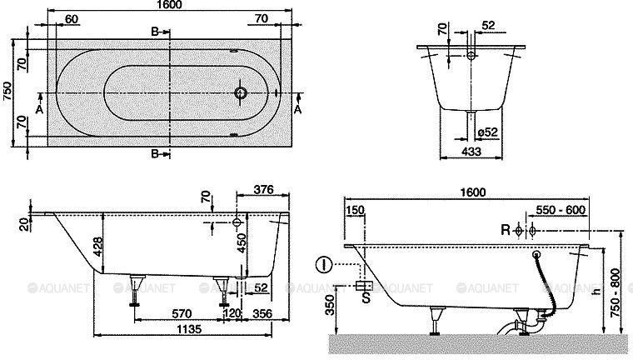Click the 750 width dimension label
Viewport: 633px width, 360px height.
pos(7,92)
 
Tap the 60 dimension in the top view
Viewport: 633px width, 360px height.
pos(72,18)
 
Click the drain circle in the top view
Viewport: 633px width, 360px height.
pos(241,92)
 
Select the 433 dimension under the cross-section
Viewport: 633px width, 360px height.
pos(471,152)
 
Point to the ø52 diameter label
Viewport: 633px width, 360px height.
pos(487,132)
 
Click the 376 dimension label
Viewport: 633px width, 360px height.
pos(263,189)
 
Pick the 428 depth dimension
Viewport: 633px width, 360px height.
pos(97,247)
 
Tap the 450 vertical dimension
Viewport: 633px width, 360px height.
pos(242,242)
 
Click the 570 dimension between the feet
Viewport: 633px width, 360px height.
pos(182,313)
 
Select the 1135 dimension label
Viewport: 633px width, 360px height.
pos(188,329)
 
